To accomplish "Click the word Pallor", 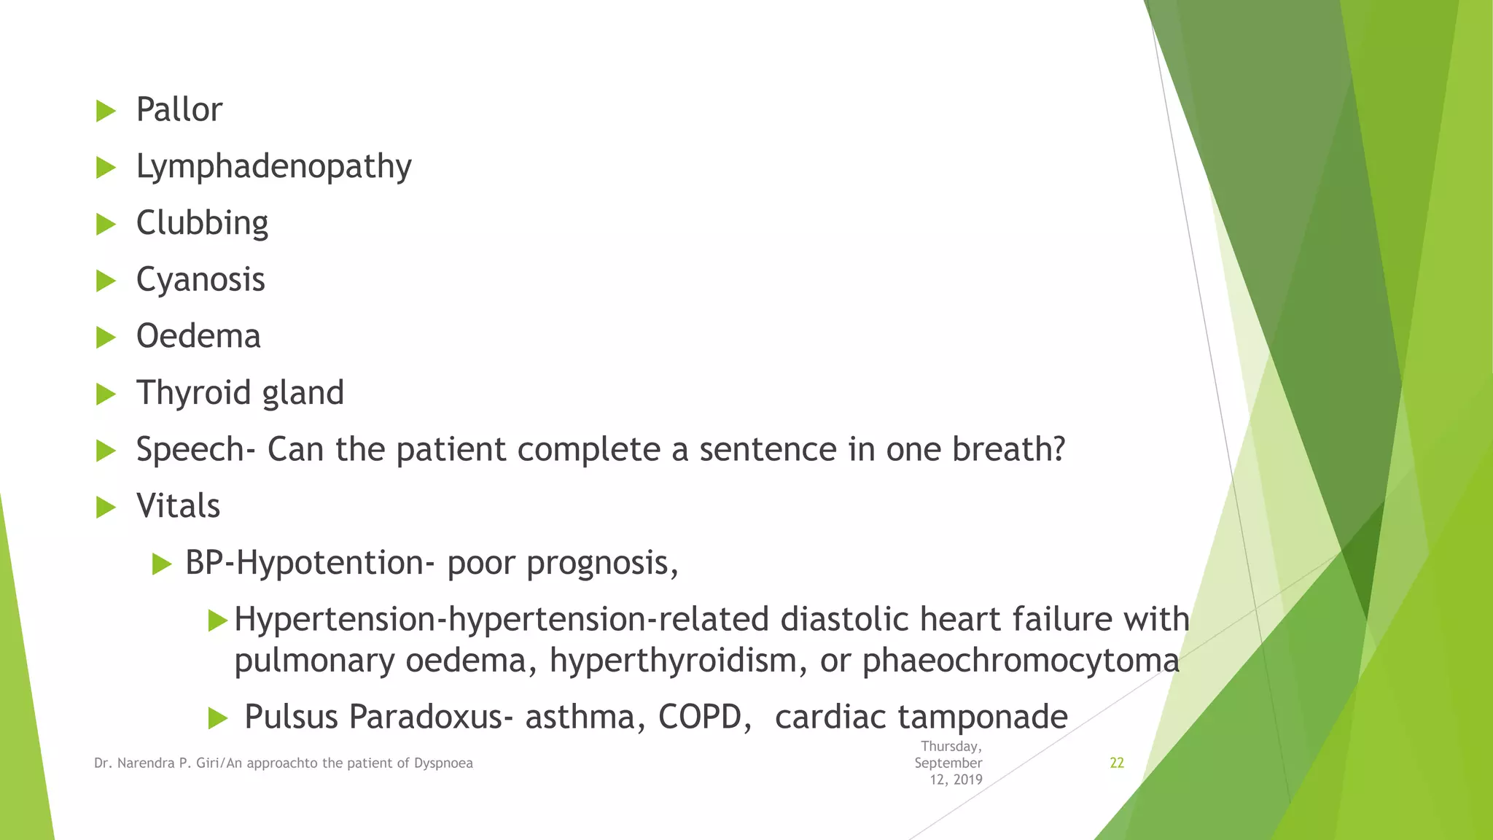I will click(179, 110).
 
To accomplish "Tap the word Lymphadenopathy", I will click(273, 167).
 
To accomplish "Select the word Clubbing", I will click(202, 223).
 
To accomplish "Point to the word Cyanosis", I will click(200, 280).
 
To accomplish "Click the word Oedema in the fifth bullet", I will click(198, 336).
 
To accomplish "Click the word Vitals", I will click(178, 506).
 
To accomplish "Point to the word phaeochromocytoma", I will click(1021, 661).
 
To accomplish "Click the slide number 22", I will click(1116, 763).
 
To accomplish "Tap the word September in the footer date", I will click(948, 763).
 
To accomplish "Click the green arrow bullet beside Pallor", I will click(106, 112).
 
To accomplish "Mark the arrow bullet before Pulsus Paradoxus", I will click(217, 718).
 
